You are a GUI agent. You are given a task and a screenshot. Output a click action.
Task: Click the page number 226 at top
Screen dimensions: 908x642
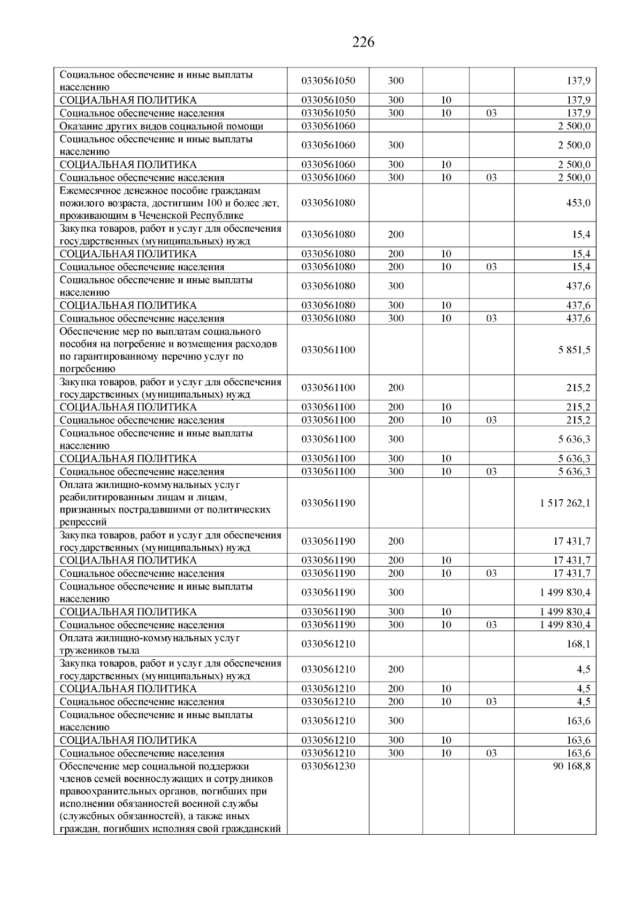tap(363, 42)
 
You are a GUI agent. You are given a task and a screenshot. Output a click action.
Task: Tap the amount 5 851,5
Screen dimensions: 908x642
tap(575, 350)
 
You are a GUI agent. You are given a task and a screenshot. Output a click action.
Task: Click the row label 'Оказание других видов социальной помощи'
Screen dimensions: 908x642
tap(162, 126)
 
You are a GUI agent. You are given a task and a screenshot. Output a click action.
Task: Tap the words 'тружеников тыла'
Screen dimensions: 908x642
tap(100, 651)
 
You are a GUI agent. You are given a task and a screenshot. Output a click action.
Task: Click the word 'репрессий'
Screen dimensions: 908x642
tap(83, 522)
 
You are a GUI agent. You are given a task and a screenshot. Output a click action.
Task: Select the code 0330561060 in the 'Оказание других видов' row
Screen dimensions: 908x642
tap(328, 126)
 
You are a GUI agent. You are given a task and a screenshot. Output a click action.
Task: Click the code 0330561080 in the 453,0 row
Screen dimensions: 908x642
tap(328, 203)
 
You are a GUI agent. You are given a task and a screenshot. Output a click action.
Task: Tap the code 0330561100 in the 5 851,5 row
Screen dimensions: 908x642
tap(328, 350)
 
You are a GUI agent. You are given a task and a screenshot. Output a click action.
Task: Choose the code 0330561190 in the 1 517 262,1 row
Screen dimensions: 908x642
tap(328, 503)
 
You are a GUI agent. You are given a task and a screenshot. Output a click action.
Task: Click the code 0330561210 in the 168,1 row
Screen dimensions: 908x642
tap(328, 644)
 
